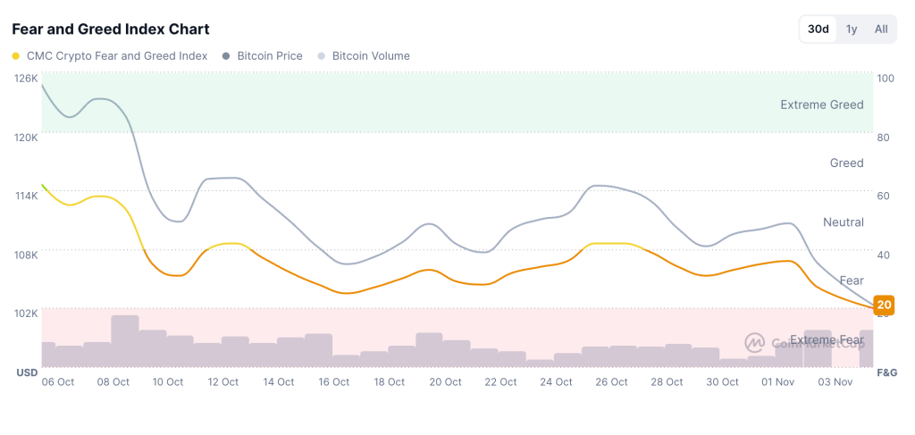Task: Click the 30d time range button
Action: tap(818, 29)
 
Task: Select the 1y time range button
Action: tap(852, 29)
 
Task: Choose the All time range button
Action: tap(881, 29)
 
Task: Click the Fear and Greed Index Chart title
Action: tap(111, 29)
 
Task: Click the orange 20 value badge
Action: tap(884, 305)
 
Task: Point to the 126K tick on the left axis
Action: tap(26, 78)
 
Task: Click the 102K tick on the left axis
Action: tap(26, 313)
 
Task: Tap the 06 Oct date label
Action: tap(58, 381)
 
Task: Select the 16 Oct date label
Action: tap(334, 381)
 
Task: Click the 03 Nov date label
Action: tap(835, 381)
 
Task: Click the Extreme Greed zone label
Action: tap(821, 105)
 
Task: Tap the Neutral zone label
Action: tap(843, 222)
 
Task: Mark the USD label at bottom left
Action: tap(26, 372)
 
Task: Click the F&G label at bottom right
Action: tap(886, 372)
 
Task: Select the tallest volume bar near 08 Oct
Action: tap(124, 341)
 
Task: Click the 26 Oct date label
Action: tap(611, 381)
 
